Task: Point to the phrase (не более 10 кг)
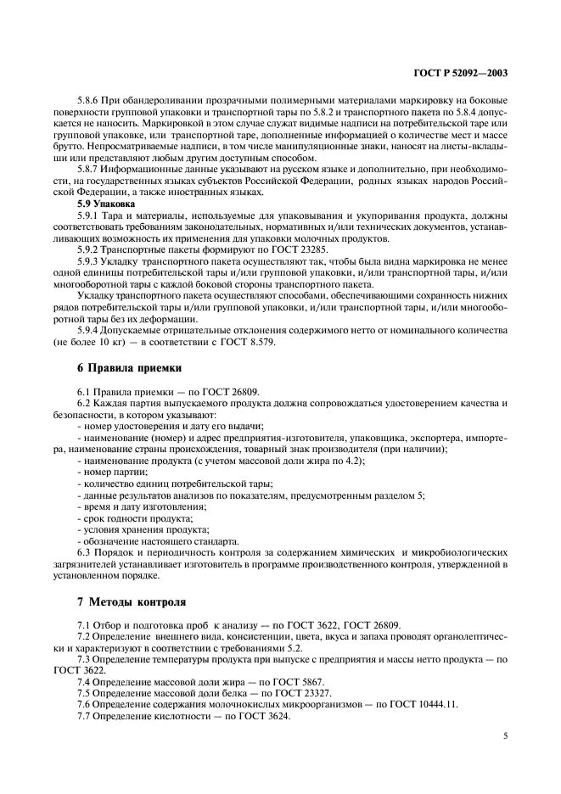[x=98, y=342]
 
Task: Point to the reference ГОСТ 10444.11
[x=426, y=705]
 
